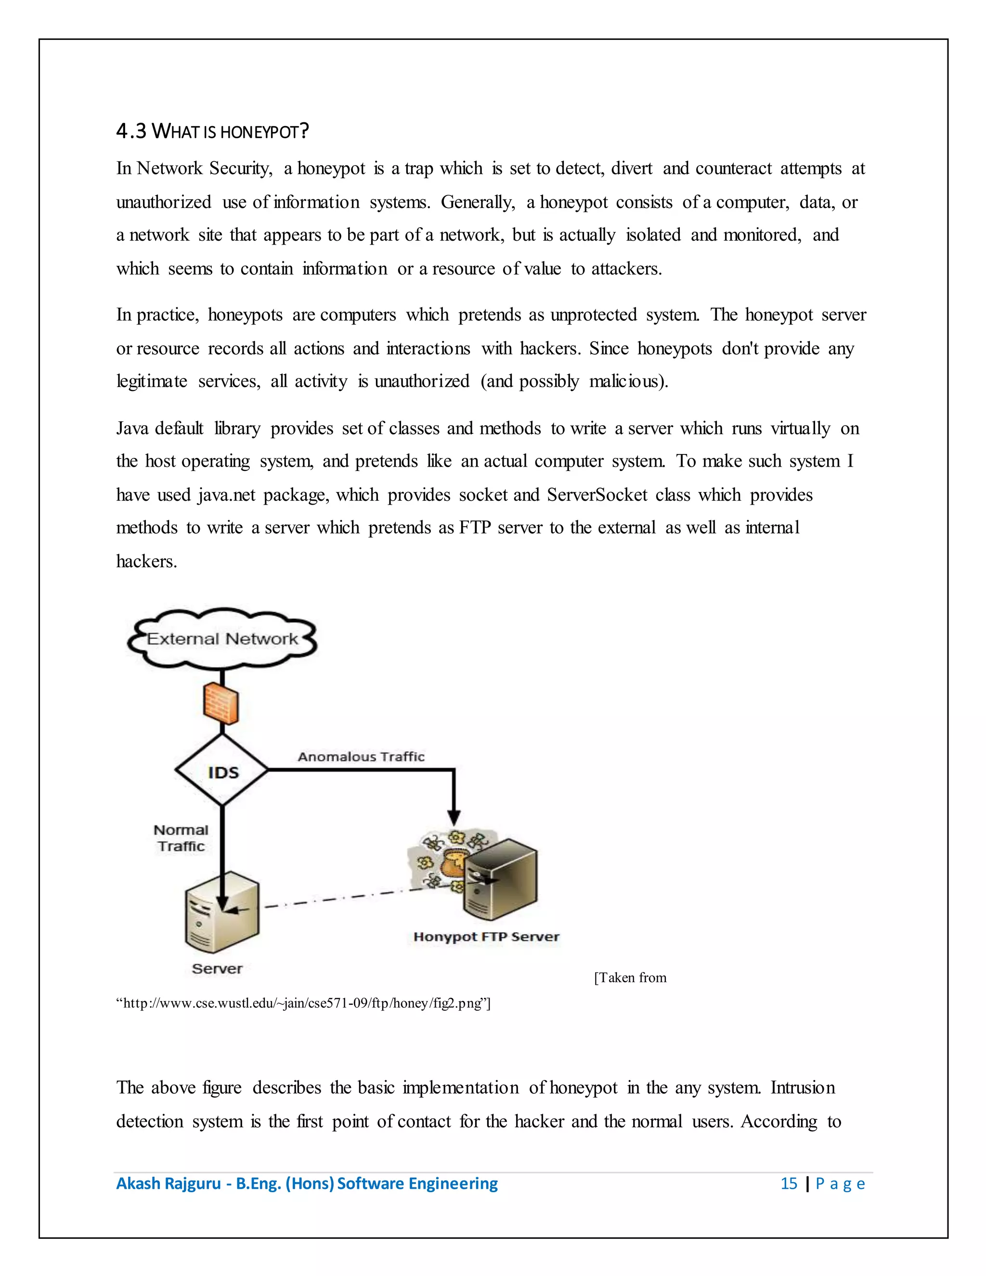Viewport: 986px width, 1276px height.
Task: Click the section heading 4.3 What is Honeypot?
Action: [212, 131]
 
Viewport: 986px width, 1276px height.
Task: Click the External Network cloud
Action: [222, 638]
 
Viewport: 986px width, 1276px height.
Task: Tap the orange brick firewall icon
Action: [221, 703]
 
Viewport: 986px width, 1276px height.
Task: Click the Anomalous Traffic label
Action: [361, 756]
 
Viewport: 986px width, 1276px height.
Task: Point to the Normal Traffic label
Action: [181, 838]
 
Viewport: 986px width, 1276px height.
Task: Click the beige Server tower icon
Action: [222, 912]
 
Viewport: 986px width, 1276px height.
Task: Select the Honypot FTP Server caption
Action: [486, 937]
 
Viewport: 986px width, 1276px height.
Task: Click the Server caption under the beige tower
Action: [217, 969]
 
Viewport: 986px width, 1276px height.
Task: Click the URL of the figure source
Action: [303, 1003]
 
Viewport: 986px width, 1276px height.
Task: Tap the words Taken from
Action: [631, 977]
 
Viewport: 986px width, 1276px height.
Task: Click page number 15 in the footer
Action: [789, 1184]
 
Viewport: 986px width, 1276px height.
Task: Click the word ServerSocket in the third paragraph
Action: [597, 495]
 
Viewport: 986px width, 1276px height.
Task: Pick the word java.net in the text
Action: [227, 495]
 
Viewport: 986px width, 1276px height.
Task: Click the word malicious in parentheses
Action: [625, 381]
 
